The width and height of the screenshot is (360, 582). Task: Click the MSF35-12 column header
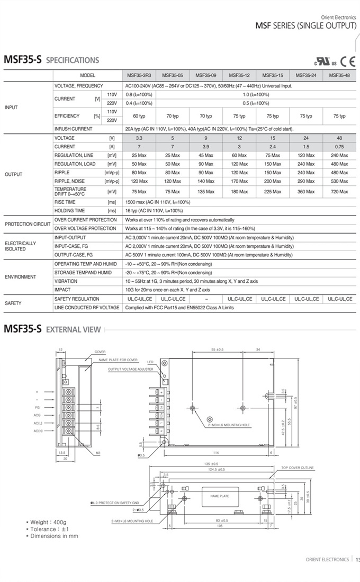[239, 76]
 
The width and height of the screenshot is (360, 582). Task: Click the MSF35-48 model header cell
[339, 76]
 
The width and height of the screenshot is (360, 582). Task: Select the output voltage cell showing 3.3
[139, 138]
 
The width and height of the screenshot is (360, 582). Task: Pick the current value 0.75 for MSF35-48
[339, 147]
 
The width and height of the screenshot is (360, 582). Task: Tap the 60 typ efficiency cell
[139, 116]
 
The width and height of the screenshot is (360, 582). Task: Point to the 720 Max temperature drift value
[339, 192]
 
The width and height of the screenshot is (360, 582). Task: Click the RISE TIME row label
[65, 202]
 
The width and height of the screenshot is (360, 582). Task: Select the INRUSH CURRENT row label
[73, 129]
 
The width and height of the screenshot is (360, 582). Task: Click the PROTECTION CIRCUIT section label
[28, 224]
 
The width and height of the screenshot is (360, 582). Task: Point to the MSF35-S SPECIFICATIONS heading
[51, 60]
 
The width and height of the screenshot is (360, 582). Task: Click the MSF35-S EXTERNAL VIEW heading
[52, 329]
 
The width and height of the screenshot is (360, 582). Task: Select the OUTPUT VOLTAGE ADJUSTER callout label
[130, 369]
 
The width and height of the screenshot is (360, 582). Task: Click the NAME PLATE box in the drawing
[220, 496]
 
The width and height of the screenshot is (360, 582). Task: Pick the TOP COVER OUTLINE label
[297, 468]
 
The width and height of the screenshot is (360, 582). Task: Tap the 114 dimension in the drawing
[215, 452]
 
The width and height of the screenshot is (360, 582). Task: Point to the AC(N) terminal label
[38, 431]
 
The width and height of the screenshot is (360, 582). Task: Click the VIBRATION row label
[66, 281]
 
